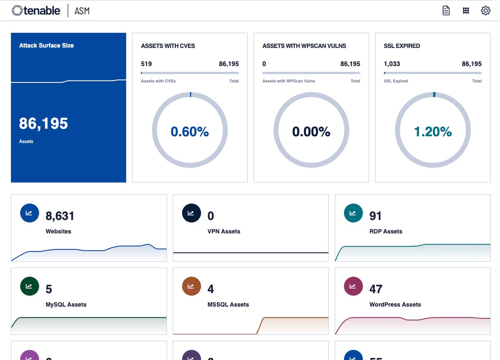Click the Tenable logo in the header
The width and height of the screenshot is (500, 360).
pos(36,10)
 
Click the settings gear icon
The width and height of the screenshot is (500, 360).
pos(485,10)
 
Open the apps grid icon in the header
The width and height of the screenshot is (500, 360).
pos(466,10)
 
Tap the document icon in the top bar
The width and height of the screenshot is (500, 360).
pos(446,10)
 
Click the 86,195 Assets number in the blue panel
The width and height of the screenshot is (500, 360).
pos(43,123)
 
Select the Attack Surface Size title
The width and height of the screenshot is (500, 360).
pos(46,45)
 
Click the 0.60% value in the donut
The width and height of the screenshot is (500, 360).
pos(190,132)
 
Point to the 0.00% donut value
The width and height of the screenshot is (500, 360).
pos(311,132)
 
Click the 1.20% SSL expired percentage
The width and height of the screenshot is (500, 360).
pos(432,132)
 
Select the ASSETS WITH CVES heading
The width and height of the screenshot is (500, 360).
pos(168,46)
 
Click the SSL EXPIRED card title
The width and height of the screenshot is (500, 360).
pos(402,46)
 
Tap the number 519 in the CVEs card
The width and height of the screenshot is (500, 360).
pos(146,64)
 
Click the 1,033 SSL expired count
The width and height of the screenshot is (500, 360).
pos(392,64)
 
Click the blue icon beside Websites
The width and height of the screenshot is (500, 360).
pos(29,213)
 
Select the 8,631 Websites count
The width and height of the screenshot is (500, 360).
pos(60,216)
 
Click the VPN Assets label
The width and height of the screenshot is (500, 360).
pos(224,231)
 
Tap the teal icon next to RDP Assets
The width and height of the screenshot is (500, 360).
pos(353,213)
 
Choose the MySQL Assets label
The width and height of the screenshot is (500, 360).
pos(66,305)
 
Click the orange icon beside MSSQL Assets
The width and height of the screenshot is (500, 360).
pos(191,286)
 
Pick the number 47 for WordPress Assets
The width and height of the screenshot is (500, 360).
pos(376,289)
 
